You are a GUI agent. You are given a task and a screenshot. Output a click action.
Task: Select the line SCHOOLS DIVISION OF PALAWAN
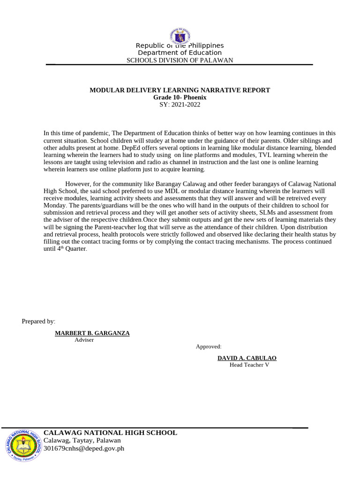point(180,60)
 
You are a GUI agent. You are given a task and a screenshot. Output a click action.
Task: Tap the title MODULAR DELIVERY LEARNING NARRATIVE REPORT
point(180,90)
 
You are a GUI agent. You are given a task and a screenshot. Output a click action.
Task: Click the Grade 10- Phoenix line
point(180,97)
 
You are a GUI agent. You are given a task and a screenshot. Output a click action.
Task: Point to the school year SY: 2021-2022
point(180,105)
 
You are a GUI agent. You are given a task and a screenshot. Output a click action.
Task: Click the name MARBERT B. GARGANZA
point(92,333)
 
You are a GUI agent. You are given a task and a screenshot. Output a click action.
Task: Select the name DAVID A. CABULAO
point(247,358)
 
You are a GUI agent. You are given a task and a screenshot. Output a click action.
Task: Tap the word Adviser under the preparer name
point(84,340)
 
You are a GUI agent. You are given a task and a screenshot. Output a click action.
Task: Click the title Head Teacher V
point(249,365)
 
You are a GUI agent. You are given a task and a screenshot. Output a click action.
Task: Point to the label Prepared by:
point(38,321)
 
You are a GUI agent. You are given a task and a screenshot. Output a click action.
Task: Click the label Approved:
point(209,346)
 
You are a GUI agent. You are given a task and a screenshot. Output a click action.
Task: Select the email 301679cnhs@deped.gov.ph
point(84,449)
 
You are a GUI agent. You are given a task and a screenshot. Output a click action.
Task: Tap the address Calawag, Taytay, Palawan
point(82,441)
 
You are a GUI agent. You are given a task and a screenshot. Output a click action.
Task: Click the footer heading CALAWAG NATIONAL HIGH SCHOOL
point(110,433)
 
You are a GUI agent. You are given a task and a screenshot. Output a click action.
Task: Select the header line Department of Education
point(180,53)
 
